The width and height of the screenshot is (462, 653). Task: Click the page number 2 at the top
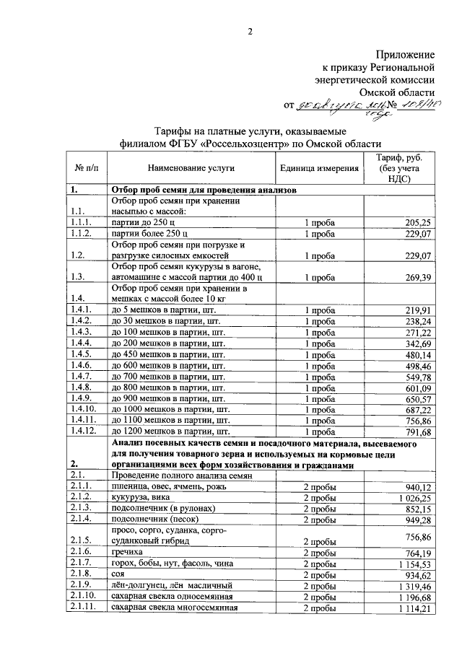pos(251,32)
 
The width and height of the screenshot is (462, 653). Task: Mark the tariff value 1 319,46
pos(411,587)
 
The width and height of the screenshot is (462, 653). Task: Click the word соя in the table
pos(118,576)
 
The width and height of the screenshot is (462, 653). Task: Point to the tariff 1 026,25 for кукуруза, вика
pos(411,497)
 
